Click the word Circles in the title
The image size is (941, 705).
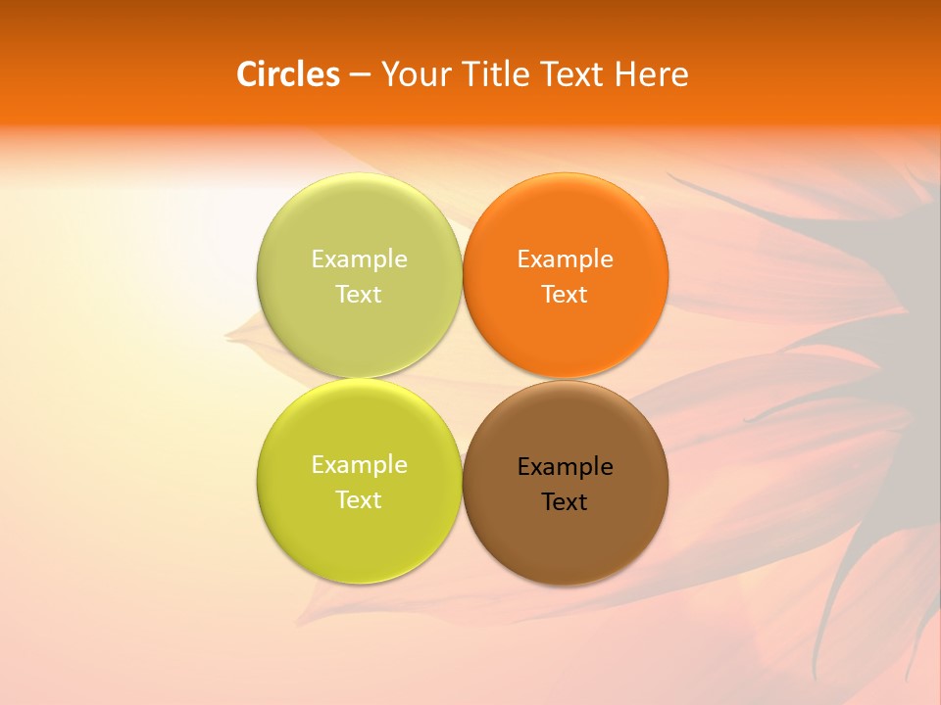[x=288, y=74]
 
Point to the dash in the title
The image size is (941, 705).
[x=360, y=75]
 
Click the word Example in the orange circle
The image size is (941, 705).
[x=566, y=258]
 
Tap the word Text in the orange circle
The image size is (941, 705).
[x=566, y=294]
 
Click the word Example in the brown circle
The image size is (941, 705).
[x=566, y=466]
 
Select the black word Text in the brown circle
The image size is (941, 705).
[x=566, y=501]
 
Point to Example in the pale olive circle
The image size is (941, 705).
[x=359, y=258]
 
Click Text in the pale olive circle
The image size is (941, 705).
[x=359, y=294]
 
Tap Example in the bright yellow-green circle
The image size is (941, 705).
[x=359, y=464]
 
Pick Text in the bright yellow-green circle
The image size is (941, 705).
[x=359, y=499]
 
